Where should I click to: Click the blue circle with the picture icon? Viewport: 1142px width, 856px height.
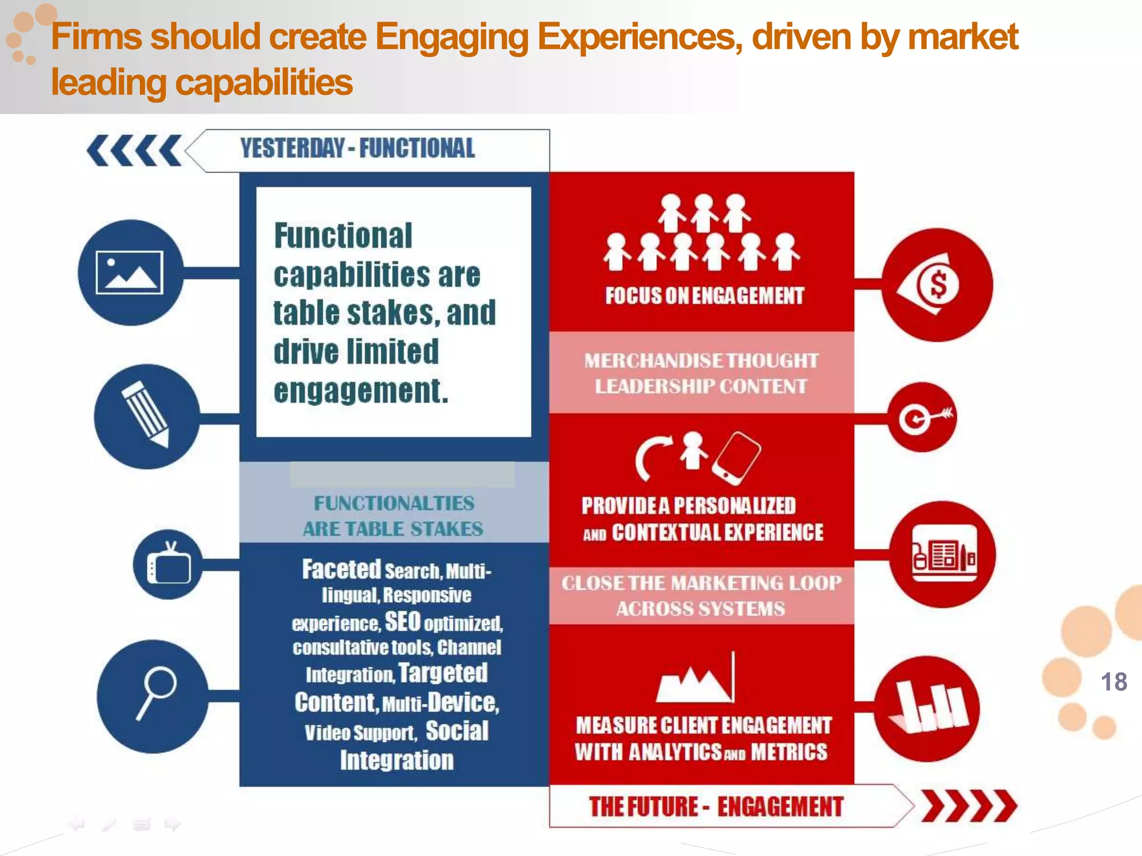coord(130,273)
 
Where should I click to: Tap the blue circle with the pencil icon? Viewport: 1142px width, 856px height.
coord(147,416)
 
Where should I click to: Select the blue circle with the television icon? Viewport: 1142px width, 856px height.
coord(168,565)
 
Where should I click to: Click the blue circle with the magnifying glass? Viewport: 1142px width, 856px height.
coord(152,696)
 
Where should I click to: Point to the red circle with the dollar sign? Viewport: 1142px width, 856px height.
coord(937,285)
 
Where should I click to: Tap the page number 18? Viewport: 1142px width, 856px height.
coord(1114,682)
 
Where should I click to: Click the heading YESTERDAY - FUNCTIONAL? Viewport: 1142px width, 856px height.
coord(357,149)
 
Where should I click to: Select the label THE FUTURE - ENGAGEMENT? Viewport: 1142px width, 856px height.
coord(716,806)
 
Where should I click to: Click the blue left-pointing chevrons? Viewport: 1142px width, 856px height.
coord(134,150)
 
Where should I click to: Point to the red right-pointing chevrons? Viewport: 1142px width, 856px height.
coord(969,806)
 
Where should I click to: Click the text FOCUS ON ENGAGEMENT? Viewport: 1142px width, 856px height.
coord(705,296)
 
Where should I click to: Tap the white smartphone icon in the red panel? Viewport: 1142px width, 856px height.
coord(737,458)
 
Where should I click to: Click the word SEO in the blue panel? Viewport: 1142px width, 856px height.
coord(402,621)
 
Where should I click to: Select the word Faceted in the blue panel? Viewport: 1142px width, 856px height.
coord(341,570)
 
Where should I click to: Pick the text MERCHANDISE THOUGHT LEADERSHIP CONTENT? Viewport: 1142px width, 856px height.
coord(701,373)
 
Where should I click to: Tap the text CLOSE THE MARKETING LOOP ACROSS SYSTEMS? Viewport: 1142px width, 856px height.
coord(701,595)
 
